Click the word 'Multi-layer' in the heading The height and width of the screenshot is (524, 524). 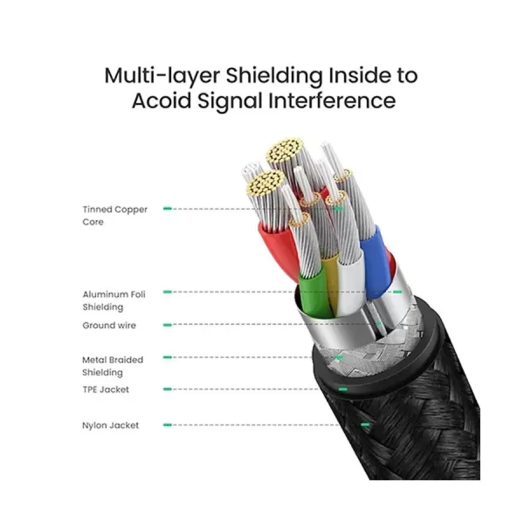(x=166, y=74)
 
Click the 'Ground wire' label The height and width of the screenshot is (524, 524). (x=109, y=326)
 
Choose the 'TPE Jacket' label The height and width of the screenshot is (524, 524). (x=106, y=390)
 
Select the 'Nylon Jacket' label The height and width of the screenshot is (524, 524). (x=110, y=426)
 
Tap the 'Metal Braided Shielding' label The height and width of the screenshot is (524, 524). (x=112, y=366)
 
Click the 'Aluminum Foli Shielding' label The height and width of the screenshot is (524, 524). (x=114, y=300)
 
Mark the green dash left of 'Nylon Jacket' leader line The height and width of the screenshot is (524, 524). (x=168, y=426)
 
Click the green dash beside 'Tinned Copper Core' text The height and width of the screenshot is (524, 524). (x=167, y=210)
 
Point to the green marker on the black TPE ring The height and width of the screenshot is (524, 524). (x=341, y=389)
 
